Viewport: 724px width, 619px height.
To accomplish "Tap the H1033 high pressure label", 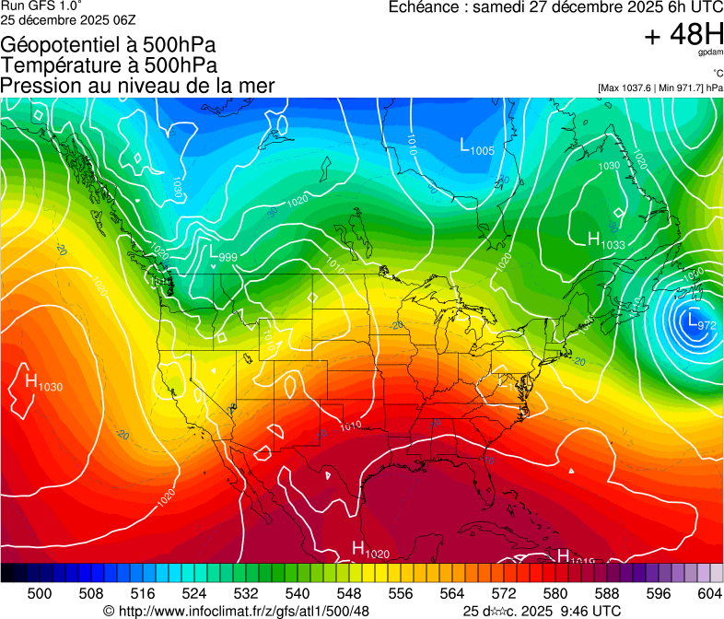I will click(606, 241).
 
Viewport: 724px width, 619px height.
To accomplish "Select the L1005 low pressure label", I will click(477, 146).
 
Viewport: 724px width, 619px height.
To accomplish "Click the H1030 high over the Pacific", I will click(43, 383).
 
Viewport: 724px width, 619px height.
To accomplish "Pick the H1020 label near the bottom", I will click(372, 550).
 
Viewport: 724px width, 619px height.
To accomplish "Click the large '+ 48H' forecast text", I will click(683, 35).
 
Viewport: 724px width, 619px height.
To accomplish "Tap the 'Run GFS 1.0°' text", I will click(41, 6).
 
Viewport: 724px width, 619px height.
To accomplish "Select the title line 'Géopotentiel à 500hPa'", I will click(109, 44).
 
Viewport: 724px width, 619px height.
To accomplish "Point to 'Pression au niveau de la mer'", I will click(138, 86).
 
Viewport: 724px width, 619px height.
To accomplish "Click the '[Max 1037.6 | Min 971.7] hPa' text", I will click(660, 88).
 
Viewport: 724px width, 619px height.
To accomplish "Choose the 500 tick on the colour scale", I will click(40, 593).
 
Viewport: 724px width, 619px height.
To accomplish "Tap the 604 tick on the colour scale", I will click(709, 593).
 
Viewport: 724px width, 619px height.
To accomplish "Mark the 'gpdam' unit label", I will click(709, 53).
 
